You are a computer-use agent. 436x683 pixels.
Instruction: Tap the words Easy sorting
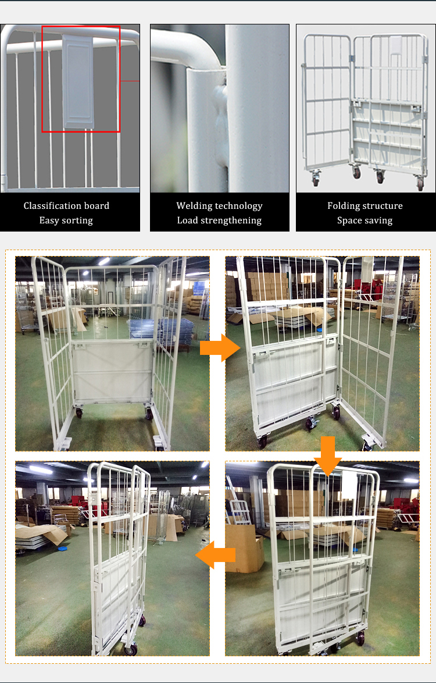pyautogui.click(x=66, y=220)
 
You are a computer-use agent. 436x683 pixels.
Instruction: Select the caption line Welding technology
pyautogui.click(x=219, y=206)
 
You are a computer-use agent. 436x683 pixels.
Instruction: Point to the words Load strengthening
pyautogui.click(x=219, y=220)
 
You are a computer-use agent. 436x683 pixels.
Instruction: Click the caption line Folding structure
pyautogui.click(x=364, y=206)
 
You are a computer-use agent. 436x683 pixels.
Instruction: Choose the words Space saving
pyautogui.click(x=364, y=220)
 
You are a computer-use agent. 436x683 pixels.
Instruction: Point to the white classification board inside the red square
pyautogui.click(x=78, y=81)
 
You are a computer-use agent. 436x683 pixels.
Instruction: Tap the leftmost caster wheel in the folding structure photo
pyautogui.click(x=316, y=180)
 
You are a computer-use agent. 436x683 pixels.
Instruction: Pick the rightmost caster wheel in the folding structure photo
pyautogui.click(x=420, y=184)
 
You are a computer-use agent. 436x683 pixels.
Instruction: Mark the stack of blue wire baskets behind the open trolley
pyautogui.click(x=169, y=332)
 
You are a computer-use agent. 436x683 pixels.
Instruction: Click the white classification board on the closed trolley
pyautogui.click(x=349, y=486)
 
